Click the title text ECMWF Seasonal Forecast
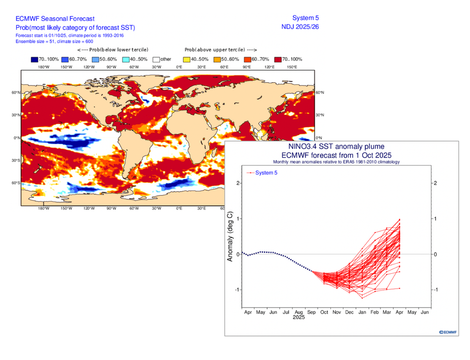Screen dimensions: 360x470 pyautogui.click(x=55, y=19)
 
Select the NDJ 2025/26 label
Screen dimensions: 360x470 pyautogui.click(x=300, y=27)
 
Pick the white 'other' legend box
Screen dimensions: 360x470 pyautogui.click(x=156, y=59)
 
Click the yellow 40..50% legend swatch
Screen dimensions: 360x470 pyautogui.click(x=186, y=59)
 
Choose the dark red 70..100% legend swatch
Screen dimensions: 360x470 pyautogui.click(x=278, y=59)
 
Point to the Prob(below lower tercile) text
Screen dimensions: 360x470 pyautogui.click(x=112, y=50)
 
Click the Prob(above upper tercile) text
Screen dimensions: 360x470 pyautogui.click(x=220, y=50)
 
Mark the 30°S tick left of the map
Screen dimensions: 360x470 pyautogui.click(x=16, y=161)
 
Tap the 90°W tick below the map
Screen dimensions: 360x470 pyautogui.click(x=112, y=208)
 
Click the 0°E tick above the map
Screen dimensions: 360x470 pyautogui.click(x=179, y=67)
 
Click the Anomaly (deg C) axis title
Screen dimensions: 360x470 pyautogui.click(x=230, y=237)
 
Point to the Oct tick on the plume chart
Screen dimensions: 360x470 pyautogui.click(x=324, y=312)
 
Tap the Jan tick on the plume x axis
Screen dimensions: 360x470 pyautogui.click(x=362, y=312)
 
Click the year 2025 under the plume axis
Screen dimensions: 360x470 pyautogui.click(x=298, y=318)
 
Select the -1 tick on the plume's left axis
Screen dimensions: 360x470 pyautogui.click(x=237, y=290)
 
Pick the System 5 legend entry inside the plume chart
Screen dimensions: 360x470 pyautogui.click(x=266, y=173)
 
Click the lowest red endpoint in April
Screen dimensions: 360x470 pyautogui.click(x=400, y=288)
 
